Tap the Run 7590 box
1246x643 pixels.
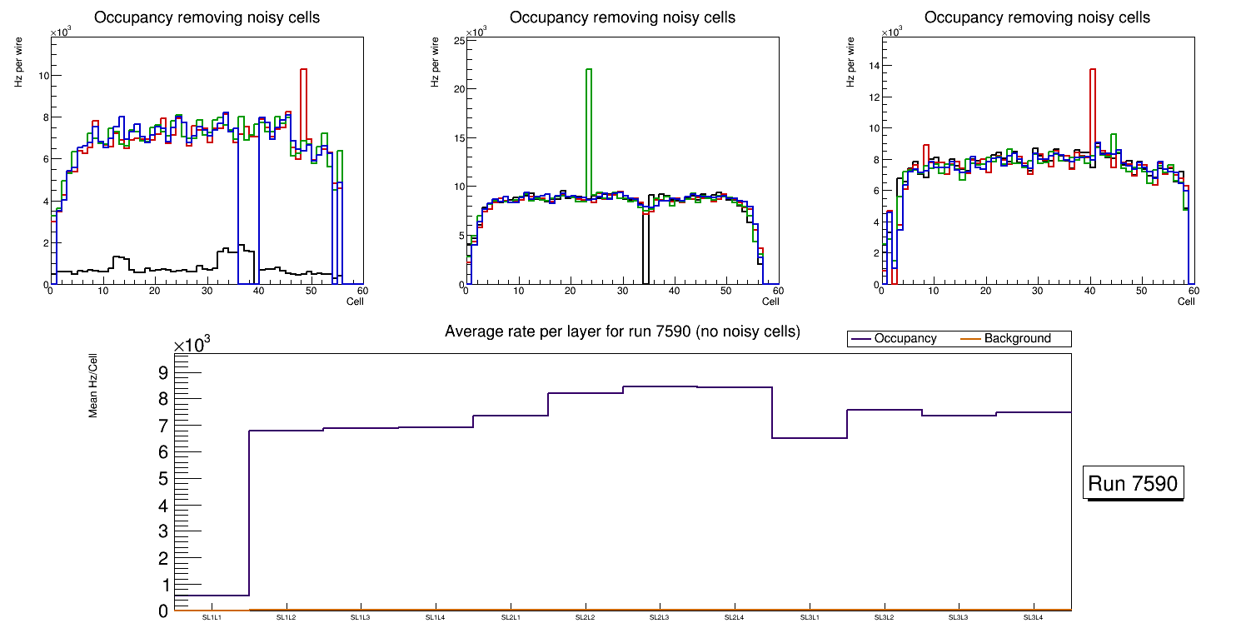pyautogui.click(x=1134, y=484)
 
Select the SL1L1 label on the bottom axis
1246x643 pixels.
pyautogui.click(x=212, y=618)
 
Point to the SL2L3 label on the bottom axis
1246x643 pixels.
pyautogui.click(x=660, y=618)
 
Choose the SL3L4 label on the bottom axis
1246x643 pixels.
pyautogui.click(x=1034, y=618)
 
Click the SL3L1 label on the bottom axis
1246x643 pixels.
pyautogui.click(x=809, y=618)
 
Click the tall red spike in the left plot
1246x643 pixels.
pyautogui.click(x=303, y=100)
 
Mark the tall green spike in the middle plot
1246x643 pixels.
pyautogui.click(x=589, y=125)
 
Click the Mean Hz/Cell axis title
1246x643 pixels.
pyautogui.click(x=93, y=384)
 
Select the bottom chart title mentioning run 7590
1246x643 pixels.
pyautogui.click(x=622, y=331)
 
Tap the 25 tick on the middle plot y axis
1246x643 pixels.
pyautogui.click(x=457, y=40)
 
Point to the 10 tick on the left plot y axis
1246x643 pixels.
pyautogui.click(x=42, y=76)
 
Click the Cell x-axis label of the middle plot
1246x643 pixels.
pyautogui.click(x=770, y=301)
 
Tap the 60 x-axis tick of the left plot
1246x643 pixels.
pyautogui.click(x=362, y=291)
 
